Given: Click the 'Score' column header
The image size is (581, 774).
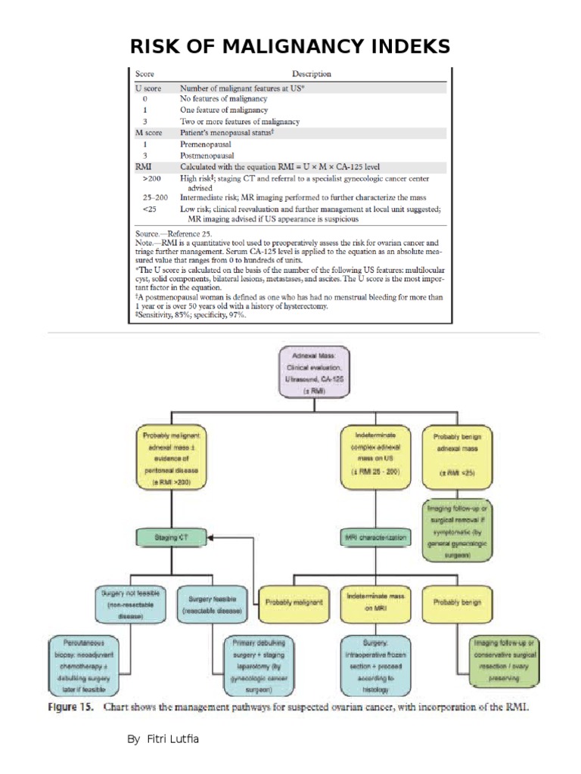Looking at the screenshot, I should pyautogui.click(x=144, y=74).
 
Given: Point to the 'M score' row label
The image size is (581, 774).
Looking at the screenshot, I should pyautogui.click(x=148, y=132).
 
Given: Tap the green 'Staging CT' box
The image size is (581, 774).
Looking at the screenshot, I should pyautogui.click(x=173, y=537).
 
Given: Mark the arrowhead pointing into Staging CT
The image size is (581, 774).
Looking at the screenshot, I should pyautogui.click(x=213, y=537).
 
